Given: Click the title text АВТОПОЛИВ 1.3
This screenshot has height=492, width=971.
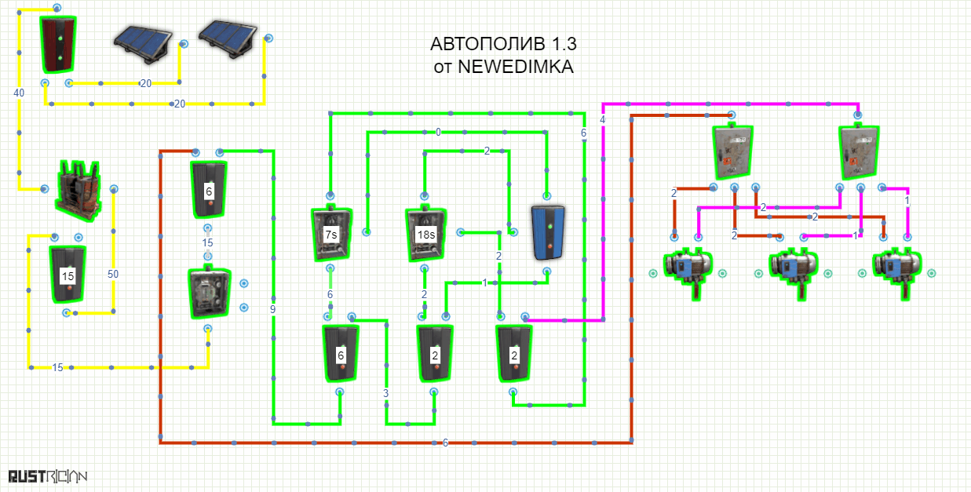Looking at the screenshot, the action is click(503, 44).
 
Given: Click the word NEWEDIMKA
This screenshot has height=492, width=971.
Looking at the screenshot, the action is click(516, 67).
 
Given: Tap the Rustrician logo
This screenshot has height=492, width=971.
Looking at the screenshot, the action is click(48, 476).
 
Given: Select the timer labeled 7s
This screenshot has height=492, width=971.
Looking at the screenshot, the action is click(331, 234).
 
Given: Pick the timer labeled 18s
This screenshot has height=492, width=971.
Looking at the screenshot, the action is click(425, 235).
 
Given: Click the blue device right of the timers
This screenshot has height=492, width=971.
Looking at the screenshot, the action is click(548, 233).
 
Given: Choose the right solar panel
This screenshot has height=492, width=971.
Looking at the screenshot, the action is click(228, 39).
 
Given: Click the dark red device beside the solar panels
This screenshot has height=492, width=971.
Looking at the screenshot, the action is click(59, 44).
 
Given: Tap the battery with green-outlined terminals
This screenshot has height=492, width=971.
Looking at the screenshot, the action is click(78, 191).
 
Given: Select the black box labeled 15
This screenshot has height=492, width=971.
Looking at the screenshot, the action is click(68, 274).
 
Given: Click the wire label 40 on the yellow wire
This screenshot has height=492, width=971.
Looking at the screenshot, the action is click(19, 93).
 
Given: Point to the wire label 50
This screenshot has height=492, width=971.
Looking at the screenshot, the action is click(113, 274).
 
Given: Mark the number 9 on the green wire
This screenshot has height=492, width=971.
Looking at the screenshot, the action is click(272, 309).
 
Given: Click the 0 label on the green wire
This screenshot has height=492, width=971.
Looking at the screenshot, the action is click(438, 132).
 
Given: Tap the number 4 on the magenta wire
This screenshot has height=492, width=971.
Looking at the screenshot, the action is click(603, 119).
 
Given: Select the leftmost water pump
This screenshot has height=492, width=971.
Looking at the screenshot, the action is click(688, 272).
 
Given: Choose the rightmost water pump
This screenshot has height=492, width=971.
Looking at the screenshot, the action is click(897, 272).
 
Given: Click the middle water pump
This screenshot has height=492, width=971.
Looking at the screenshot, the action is click(794, 272).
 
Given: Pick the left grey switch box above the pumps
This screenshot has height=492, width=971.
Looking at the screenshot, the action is click(732, 151).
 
